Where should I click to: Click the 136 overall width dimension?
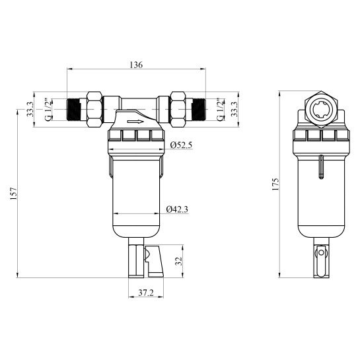click(136, 65)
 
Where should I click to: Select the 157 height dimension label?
click(14, 194)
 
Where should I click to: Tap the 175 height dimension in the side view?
click(275, 184)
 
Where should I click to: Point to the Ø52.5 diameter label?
click(181, 145)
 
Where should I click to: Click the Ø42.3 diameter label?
click(177, 209)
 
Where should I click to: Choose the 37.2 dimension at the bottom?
click(146, 293)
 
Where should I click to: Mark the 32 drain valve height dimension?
click(178, 261)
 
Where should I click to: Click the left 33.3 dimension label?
click(30, 109)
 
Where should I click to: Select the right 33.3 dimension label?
click(234, 109)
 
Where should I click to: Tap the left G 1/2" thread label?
click(48, 110)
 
